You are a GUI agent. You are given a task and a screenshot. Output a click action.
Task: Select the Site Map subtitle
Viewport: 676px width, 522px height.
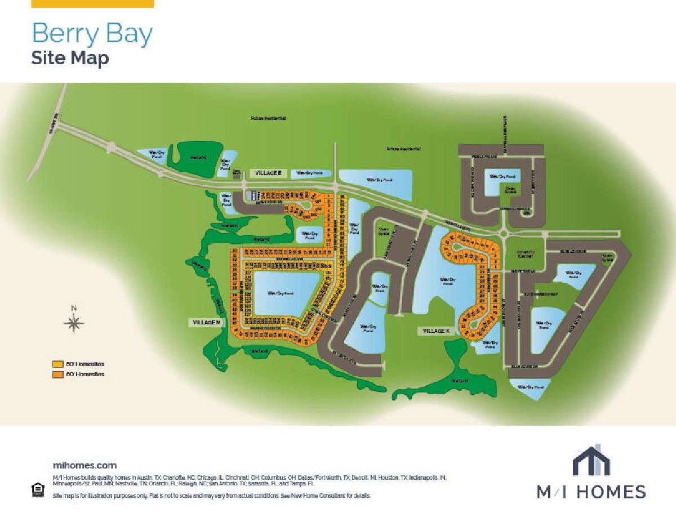(70, 58)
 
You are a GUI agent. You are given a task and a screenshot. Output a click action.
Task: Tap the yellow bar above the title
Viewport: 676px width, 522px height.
(92, 3)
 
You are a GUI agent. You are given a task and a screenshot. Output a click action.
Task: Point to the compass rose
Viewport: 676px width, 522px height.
(74, 323)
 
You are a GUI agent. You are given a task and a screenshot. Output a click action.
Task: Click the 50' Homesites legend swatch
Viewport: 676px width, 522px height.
(57, 364)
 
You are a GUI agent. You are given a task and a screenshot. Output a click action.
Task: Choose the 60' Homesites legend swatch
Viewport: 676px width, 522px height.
(57, 374)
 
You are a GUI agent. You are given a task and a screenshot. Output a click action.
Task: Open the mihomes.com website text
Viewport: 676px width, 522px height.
(84, 465)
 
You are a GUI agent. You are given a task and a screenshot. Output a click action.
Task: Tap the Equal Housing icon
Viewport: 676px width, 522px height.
(37, 490)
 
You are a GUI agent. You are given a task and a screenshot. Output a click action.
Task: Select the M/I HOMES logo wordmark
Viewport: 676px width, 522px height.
(591, 491)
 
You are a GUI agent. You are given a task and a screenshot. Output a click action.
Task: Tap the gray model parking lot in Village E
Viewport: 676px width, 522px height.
(249, 195)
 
